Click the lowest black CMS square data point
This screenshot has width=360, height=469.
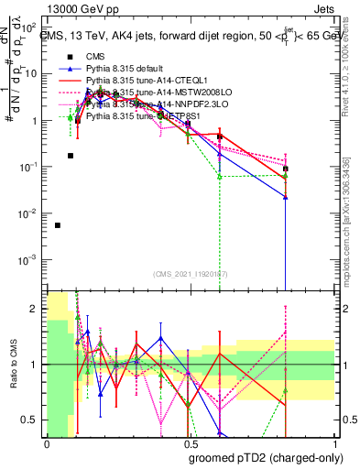point(58,225)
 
